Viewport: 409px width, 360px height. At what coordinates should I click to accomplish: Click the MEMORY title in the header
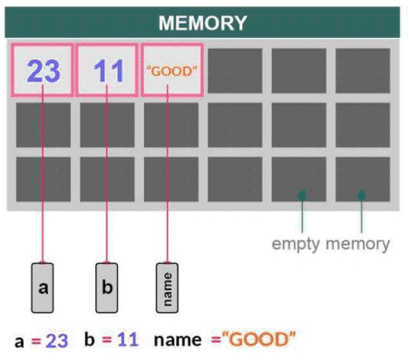coord(202,22)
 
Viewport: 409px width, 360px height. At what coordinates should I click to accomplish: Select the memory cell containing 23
coord(43,70)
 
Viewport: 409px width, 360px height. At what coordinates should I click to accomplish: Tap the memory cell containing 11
coord(107,70)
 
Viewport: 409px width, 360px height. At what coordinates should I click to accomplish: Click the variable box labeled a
coord(43,288)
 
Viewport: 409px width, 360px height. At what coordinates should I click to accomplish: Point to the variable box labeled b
coord(107,288)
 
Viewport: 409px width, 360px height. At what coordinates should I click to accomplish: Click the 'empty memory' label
coord(331,243)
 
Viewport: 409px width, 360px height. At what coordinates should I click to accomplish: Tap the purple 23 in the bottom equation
coord(57,341)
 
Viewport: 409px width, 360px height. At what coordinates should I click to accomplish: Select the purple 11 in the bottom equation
coord(126,341)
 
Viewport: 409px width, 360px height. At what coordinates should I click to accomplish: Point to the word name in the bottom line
coord(176,341)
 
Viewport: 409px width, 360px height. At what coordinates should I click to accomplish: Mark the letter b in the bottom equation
coord(89,341)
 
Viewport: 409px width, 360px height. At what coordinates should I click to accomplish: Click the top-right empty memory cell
coord(363,70)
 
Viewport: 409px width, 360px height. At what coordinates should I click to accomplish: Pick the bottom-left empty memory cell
coord(43,179)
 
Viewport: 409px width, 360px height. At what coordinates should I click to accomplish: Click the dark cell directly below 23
coord(43,124)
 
